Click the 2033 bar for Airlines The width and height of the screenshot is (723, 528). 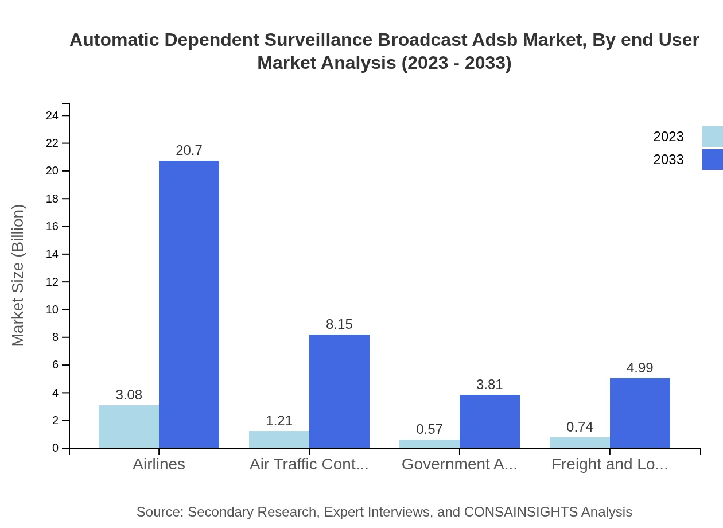pos(189,304)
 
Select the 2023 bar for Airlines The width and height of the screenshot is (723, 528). pos(129,426)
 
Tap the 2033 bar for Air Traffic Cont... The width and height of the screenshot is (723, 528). pos(339,391)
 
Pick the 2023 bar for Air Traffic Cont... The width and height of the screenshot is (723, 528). pos(279,439)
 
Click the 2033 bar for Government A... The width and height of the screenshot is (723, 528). pos(489,421)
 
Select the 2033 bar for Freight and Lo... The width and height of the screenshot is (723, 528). pos(640,413)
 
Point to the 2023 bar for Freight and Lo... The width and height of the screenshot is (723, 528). pos(580,442)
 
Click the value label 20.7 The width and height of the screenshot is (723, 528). pos(189,150)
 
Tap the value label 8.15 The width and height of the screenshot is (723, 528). pos(339,324)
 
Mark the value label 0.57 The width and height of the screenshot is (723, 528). pos(429,429)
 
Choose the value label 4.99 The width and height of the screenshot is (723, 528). pos(640,368)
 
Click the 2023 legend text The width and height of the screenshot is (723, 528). pos(668,137)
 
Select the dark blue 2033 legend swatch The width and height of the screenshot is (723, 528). pos(712,160)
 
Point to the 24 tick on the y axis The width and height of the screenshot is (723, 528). pos(52,116)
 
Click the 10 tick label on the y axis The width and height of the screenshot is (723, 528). pos(52,310)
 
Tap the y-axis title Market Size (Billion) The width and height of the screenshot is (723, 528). pos(18,275)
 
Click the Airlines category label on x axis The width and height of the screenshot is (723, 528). pos(159,464)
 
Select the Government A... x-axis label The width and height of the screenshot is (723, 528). pos(459,464)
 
